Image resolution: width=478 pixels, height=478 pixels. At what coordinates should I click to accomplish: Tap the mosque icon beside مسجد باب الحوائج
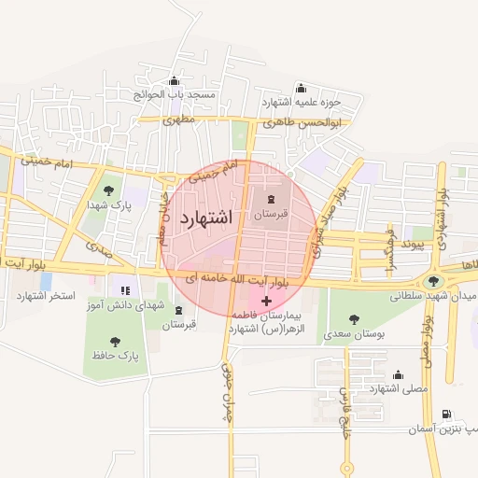(x=175, y=81)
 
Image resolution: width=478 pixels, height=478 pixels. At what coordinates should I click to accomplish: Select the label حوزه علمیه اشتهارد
(x=301, y=101)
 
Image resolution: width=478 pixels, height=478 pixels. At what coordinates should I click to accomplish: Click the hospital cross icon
(x=267, y=301)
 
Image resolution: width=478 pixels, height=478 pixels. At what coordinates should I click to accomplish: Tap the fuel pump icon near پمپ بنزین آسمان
(x=445, y=415)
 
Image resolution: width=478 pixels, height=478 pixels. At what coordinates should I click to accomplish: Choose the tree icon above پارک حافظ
(x=115, y=342)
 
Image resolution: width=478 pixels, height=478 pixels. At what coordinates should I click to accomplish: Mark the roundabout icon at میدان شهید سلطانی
(x=432, y=280)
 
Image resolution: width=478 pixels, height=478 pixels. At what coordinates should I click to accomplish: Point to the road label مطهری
(x=177, y=120)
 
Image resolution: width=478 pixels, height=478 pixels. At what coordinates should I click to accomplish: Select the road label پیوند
(x=407, y=245)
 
